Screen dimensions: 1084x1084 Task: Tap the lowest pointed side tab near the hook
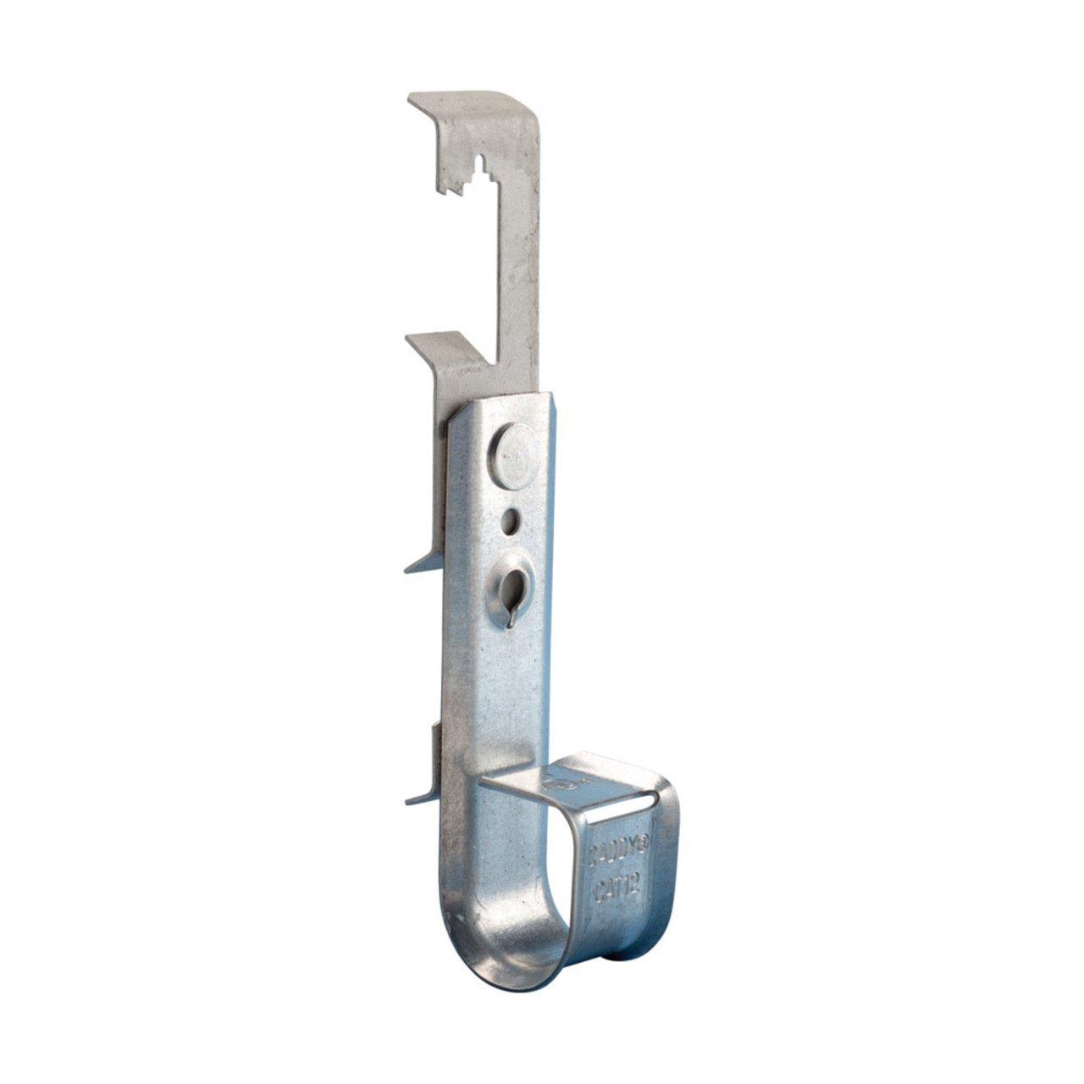[x=423, y=796]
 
